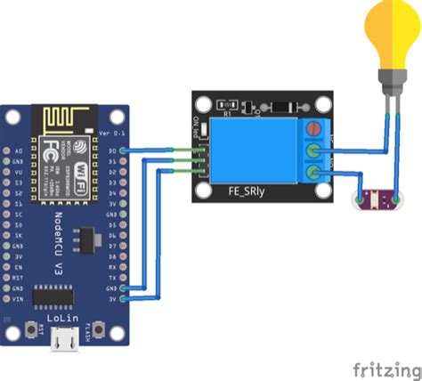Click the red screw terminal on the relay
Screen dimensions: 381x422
[x=312, y=131]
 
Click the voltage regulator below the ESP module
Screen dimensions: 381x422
[x=84, y=239]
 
